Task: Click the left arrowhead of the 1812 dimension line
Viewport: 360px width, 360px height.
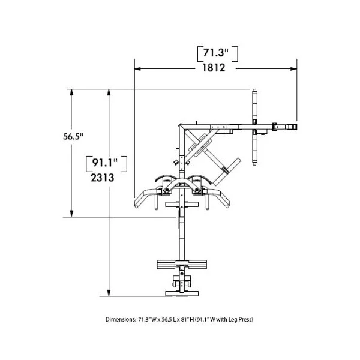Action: click(137, 68)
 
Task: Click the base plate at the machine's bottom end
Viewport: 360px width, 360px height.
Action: click(181, 293)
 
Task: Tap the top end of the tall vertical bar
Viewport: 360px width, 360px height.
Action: click(256, 92)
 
